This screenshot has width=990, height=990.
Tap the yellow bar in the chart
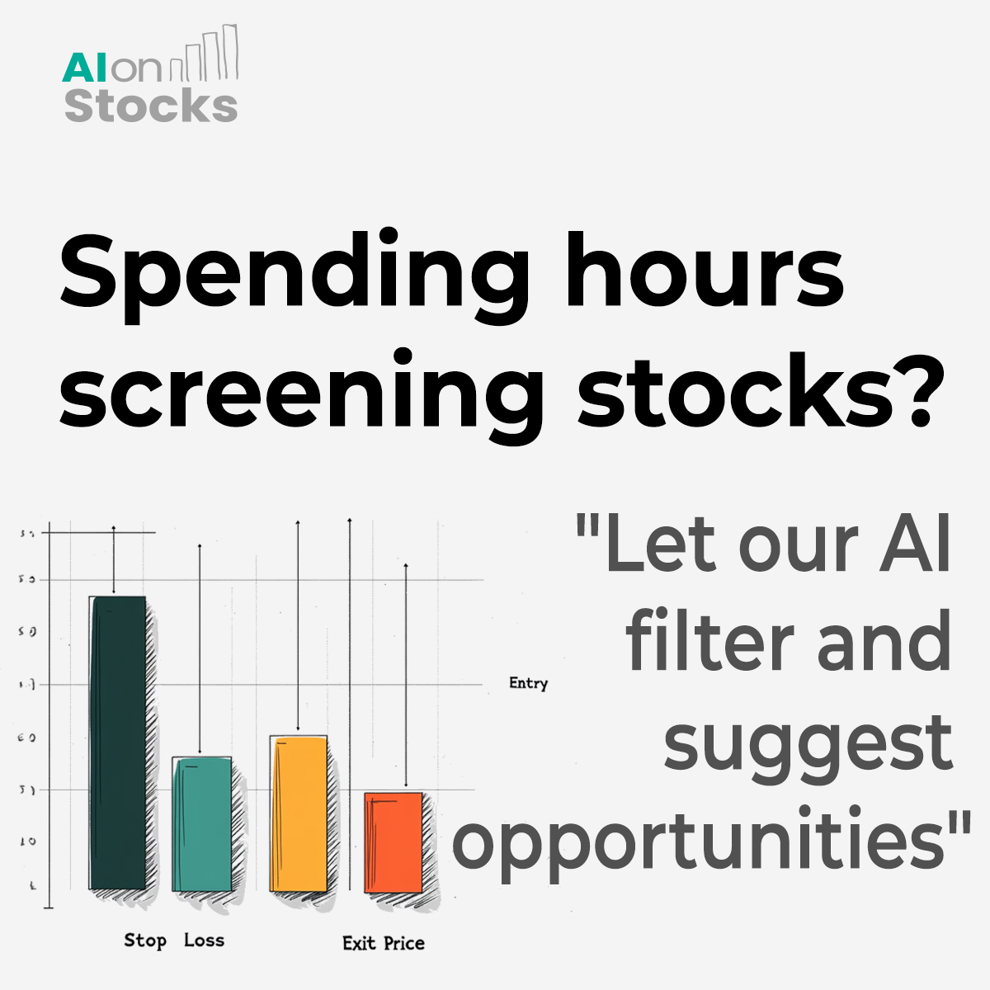(299, 813)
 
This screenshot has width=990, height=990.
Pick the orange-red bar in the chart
(394, 842)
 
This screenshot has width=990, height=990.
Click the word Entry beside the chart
(528, 683)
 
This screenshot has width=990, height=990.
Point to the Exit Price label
(384, 943)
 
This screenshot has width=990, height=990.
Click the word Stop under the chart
(145, 940)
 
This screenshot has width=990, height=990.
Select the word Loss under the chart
(204, 940)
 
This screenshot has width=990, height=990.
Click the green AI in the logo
(84, 69)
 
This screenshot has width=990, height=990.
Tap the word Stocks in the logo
(151, 106)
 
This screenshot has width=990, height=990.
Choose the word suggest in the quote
(808, 742)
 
